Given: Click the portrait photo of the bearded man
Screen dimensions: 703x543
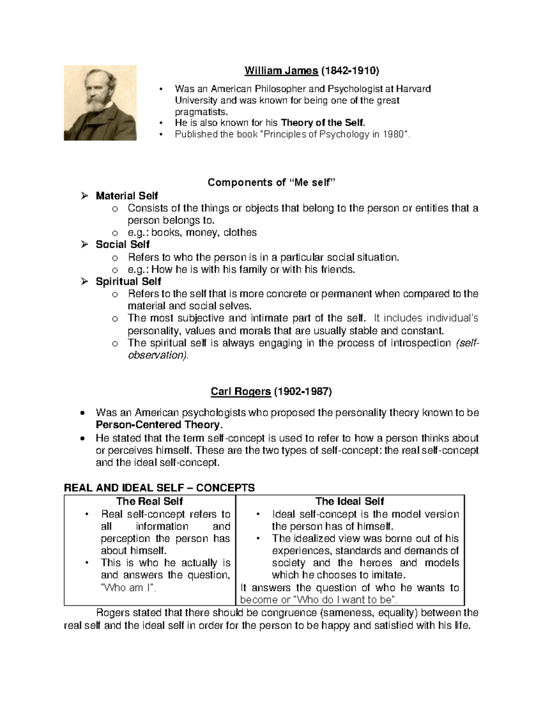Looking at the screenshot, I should pyautogui.click(x=100, y=103).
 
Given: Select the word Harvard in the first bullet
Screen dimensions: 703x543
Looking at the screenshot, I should pyautogui.click(x=414, y=89).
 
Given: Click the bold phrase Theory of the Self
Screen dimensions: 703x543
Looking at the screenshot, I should pyautogui.click(x=323, y=123).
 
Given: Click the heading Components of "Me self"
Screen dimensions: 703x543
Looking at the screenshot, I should pyautogui.click(x=273, y=182).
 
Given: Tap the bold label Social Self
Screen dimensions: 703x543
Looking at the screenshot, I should pyautogui.click(x=123, y=245).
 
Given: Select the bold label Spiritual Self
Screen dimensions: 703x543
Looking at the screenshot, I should pyautogui.click(x=128, y=282).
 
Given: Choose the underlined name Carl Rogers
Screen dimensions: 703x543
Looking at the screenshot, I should pyautogui.click(x=241, y=392).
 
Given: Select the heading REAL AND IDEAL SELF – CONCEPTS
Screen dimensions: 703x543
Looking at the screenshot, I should pyautogui.click(x=159, y=488).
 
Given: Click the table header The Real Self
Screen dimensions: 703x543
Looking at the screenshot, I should pyautogui.click(x=149, y=501).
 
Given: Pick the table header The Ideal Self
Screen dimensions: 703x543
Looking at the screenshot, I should pyautogui.click(x=349, y=501).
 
